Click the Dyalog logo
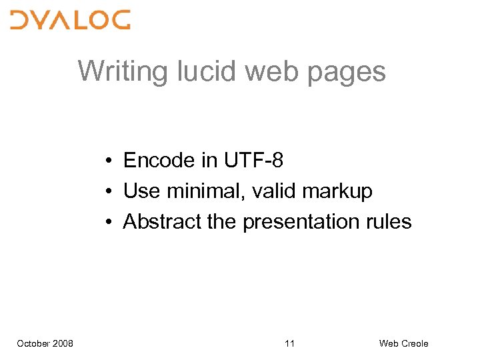[70, 19]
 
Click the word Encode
[156, 161]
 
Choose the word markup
[337, 192]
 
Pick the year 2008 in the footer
[63, 343]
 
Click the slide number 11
[289, 343]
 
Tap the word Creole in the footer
[414, 343]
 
